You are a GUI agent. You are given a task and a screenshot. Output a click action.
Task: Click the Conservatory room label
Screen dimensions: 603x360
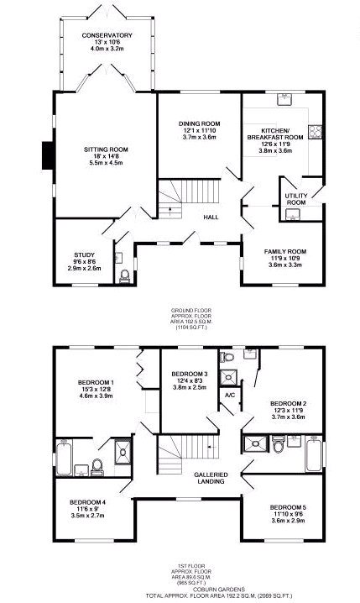[x=101, y=35]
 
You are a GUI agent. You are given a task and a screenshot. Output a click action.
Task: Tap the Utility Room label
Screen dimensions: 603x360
[x=296, y=199]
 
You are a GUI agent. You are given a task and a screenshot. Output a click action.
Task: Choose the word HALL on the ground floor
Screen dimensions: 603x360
[x=211, y=218]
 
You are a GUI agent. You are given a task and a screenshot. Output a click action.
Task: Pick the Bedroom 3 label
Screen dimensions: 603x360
[x=189, y=374]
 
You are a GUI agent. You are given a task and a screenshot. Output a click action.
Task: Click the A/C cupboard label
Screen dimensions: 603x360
[x=228, y=395]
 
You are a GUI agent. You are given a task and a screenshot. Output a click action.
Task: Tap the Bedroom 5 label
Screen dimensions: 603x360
[x=287, y=508]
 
